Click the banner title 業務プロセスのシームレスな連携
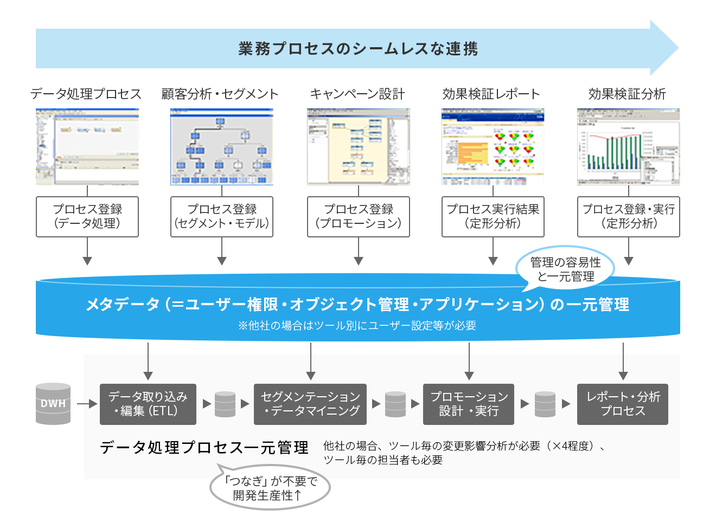click(358, 49)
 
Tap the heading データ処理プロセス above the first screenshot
click(86, 94)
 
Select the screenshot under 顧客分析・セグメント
click(222, 147)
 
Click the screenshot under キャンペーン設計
click(358, 147)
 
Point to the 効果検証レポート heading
click(491, 94)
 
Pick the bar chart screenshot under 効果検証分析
click(628, 147)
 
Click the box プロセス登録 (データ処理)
click(87, 217)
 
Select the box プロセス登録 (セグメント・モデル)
click(222, 217)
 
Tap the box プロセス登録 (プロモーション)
click(358, 217)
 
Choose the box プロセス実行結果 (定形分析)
click(493, 217)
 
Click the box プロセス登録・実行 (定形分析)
click(628, 217)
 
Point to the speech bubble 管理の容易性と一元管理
click(565, 269)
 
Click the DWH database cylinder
click(53, 404)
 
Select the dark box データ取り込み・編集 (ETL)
click(148, 404)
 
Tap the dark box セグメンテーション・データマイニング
click(310, 404)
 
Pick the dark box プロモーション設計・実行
click(469, 404)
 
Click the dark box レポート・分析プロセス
click(623, 404)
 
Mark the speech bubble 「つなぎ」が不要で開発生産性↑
click(270, 488)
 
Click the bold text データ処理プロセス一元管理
click(204, 448)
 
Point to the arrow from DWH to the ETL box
click(86, 404)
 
